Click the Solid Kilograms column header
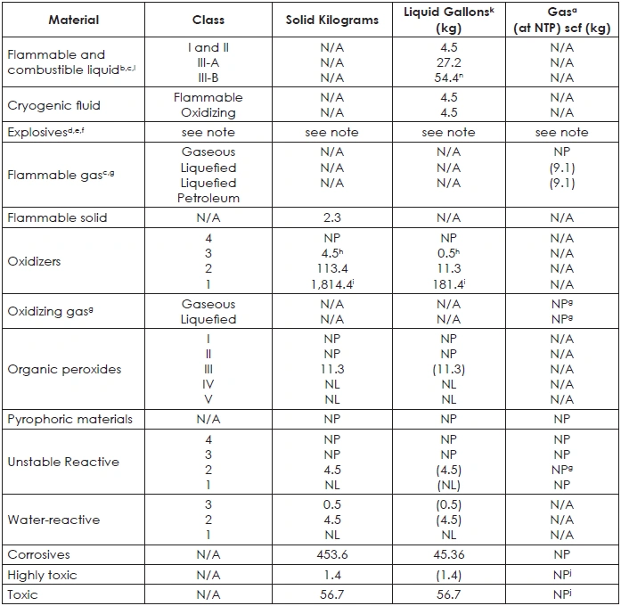click(x=331, y=20)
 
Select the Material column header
click(x=74, y=20)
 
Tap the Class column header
click(x=208, y=20)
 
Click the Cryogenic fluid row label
click(x=53, y=105)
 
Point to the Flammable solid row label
click(x=56, y=217)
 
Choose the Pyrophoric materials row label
click(x=69, y=419)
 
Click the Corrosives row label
click(x=38, y=554)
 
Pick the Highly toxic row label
click(x=42, y=575)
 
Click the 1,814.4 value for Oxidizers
click(x=331, y=285)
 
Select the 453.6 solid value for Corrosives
click(x=331, y=554)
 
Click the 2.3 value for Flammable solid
click(x=331, y=217)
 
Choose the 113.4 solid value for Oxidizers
click(x=331, y=268)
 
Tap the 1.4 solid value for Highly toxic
click(x=331, y=575)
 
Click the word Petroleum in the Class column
click(x=208, y=199)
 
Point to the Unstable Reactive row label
click(x=62, y=462)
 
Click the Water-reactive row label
click(x=53, y=520)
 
